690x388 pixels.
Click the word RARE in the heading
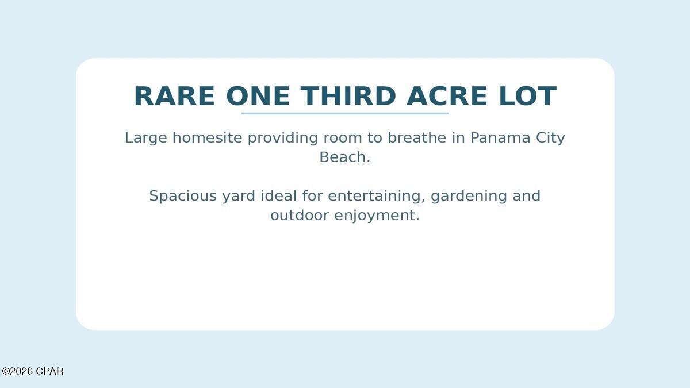click(x=174, y=97)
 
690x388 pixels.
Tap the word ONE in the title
click(x=258, y=97)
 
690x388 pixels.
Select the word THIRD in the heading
click(x=348, y=97)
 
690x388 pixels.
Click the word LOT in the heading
click(x=527, y=97)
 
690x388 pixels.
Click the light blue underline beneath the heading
click(x=345, y=113)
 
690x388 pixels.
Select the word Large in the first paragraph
click(x=146, y=138)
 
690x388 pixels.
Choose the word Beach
click(x=344, y=157)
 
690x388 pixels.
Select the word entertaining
click(x=377, y=196)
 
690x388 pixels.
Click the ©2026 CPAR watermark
click(x=32, y=371)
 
